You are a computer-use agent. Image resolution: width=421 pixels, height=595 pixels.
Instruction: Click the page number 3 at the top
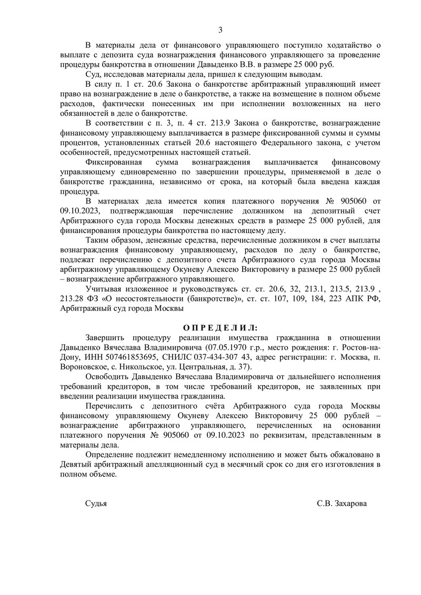coord(220,29)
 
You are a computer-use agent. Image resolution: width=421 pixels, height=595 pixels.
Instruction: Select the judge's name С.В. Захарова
coord(342,503)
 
